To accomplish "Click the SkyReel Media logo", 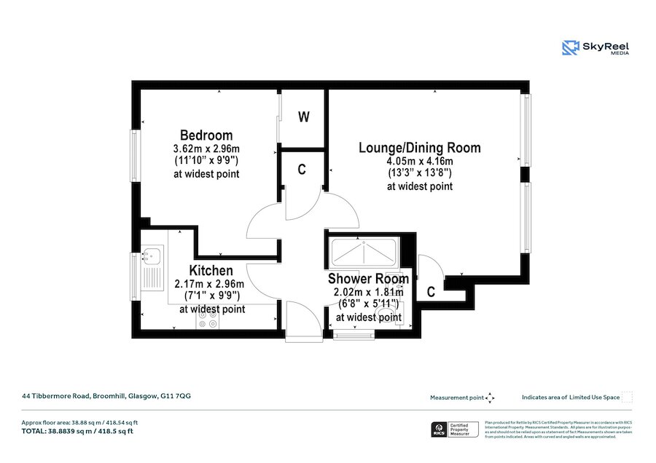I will (x=596, y=48).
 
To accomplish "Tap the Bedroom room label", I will (x=206, y=135).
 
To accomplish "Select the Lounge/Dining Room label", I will (x=419, y=148).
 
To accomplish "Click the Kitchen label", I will (x=211, y=271).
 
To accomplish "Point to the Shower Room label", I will (x=367, y=279).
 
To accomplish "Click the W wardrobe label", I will (x=304, y=116).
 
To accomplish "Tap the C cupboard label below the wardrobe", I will (x=301, y=170).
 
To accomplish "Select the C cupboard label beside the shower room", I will (x=431, y=293).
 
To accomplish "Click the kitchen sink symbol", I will (x=154, y=256).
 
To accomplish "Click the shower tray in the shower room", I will (x=363, y=253).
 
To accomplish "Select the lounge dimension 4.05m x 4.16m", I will (x=419, y=161).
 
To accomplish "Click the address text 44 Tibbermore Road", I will (x=106, y=397).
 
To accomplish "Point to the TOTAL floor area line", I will (x=77, y=432).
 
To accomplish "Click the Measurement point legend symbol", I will (x=491, y=397).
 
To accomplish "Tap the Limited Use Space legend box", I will (x=627, y=397).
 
